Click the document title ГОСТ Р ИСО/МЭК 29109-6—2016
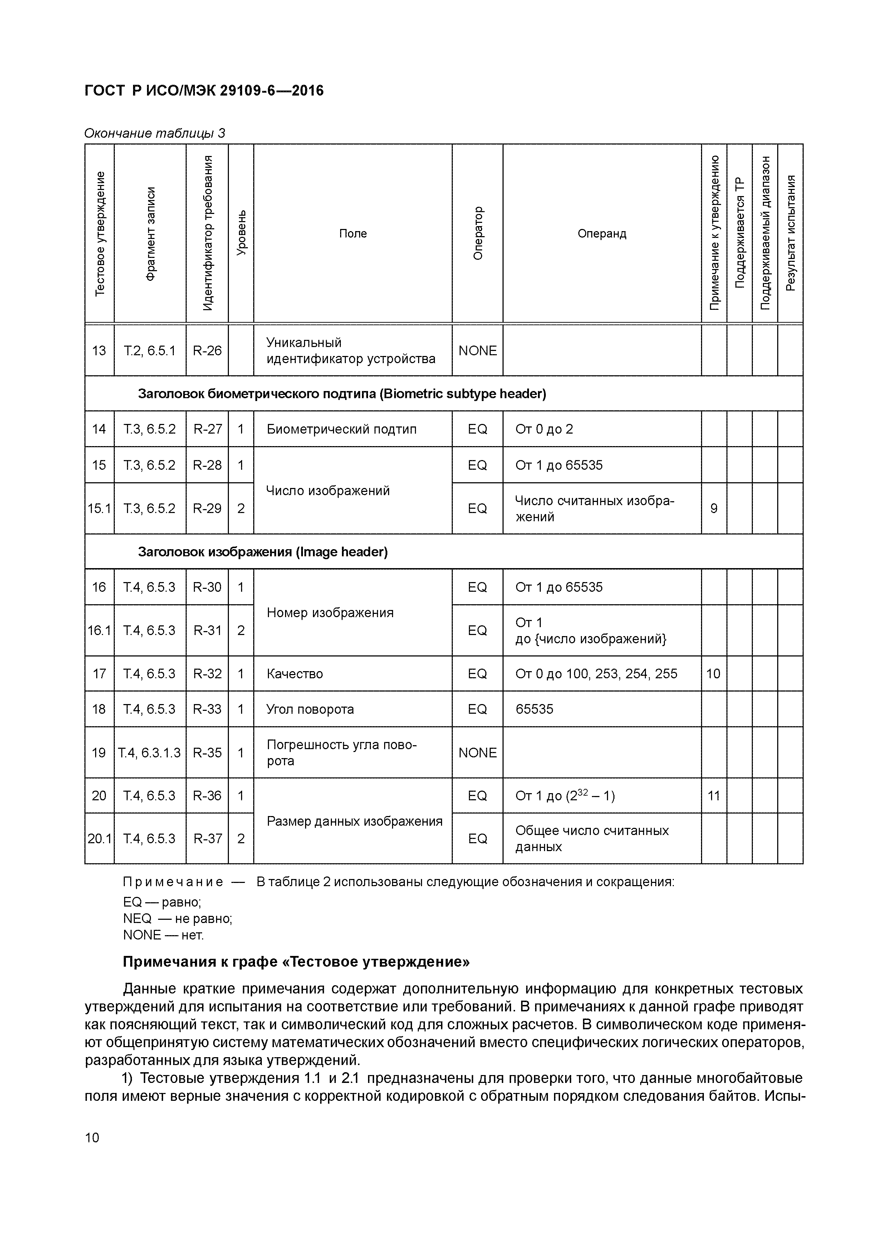pyautogui.click(x=204, y=91)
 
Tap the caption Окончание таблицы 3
pyautogui.click(x=155, y=133)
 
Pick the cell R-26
pyautogui.click(x=207, y=350)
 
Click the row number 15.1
pyautogui.click(x=99, y=508)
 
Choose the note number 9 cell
pyautogui.click(x=714, y=508)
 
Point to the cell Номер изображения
pyautogui.click(x=330, y=613)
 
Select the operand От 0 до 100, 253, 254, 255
pyautogui.click(x=596, y=673)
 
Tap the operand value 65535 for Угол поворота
pyautogui.click(x=534, y=709)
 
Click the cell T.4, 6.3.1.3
pyautogui.click(x=149, y=753)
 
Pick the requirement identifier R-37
pyautogui.click(x=207, y=839)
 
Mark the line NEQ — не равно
pyautogui.click(x=178, y=919)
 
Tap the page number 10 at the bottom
pyautogui.click(x=92, y=1138)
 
